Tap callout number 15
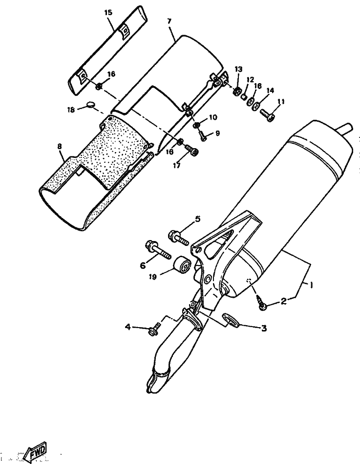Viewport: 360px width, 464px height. (x=108, y=12)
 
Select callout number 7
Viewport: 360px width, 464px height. (x=169, y=21)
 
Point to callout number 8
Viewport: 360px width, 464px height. (x=60, y=146)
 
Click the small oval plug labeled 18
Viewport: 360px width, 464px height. (x=91, y=104)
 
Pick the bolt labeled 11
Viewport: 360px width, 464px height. (x=268, y=114)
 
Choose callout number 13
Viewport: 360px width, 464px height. (x=238, y=69)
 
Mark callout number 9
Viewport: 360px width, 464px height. (x=217, y=133)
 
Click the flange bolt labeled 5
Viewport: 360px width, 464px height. (x=178, y=237)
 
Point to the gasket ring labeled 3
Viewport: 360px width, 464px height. (x=229, y=320)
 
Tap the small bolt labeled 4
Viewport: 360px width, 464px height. (x=155, y=328)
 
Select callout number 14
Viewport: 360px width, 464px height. (x=270, y=90)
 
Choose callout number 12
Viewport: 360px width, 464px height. (x=251, y=79)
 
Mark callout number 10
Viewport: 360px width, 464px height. (x=212, y=117)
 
